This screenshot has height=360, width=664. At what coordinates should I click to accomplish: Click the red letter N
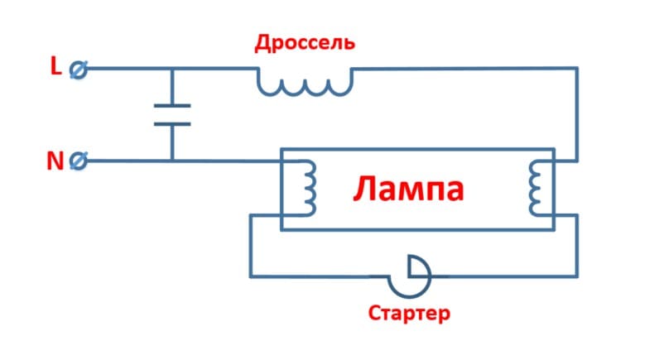pos(55,161)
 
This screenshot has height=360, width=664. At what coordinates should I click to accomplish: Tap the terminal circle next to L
pos(78,70)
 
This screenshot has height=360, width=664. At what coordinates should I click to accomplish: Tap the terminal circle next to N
pos(78,161)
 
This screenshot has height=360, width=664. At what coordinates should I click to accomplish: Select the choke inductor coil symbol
pos(304,82)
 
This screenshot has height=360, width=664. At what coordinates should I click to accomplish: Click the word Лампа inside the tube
pos(409,190)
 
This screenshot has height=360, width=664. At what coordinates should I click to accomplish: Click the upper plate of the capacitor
pos(172,107)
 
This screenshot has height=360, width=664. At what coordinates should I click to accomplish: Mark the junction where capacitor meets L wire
pos(172,70)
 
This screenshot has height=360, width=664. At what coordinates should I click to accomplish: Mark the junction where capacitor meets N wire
pos(172,161)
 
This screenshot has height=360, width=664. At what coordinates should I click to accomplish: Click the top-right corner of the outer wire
pos(577,70)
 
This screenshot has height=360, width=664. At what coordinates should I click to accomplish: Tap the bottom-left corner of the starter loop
pos(249,277)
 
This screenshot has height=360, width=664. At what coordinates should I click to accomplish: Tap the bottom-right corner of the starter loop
pos(577,277)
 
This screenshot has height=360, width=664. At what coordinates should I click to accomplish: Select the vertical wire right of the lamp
pos(577,116)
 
